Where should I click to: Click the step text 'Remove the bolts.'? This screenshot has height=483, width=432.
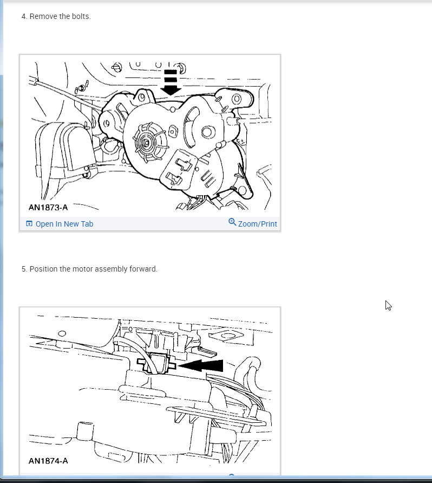pyautogui.click(x=60, y=16)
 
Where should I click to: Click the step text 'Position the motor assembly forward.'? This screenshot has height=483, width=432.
pyautogui.click(x=93, y=269)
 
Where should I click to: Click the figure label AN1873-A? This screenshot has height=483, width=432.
pyautogui.click(x=48, y=207)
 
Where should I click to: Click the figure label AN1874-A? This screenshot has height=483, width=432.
pyautogui.click(x=48, y=461)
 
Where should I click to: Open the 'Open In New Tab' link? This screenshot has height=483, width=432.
pyautogui.click(x=64, y=224)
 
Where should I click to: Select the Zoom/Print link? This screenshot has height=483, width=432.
pyautogui.click(x=258, y=224)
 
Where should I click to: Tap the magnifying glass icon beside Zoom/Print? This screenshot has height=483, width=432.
pyautogui.click(x=232, y=222)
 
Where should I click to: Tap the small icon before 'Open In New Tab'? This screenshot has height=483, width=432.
pyautogui.click(x=29, y=224)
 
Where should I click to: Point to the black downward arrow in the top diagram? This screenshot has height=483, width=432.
pyautogui.click(x=171, y=82)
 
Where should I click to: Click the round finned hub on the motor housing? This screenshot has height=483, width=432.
pyautogui.click(x=149, y=142)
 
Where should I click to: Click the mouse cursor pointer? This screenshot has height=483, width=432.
pyautogui.click(x=388, y=305)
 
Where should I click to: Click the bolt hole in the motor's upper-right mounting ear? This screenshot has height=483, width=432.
pyautogui.click(x=237, y=99)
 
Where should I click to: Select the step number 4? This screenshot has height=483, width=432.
pyautogui.click(x=24, y=16)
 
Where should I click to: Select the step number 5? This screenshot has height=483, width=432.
pyautogui.click(x=24, y=269)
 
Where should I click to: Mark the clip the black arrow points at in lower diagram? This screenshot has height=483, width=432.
pyautogui.click(x=156, y=364)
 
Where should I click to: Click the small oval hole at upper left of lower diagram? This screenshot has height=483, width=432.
pyautogui.click(x=62, y=333)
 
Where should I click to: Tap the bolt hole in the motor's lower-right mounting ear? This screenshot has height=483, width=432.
pyautogui.click(x=242, y=191)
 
